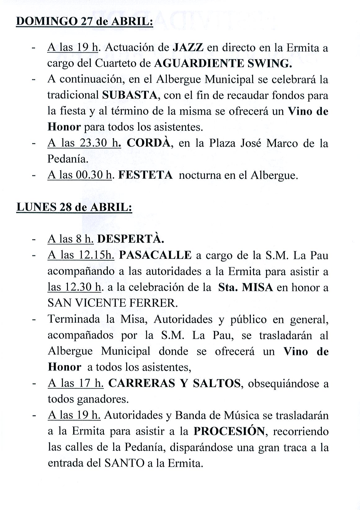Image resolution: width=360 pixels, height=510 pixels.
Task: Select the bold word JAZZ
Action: tap(188, 48)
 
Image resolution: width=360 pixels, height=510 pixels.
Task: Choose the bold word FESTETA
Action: tap(145, 175)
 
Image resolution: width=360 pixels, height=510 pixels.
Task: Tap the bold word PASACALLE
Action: tap(155, 255)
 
